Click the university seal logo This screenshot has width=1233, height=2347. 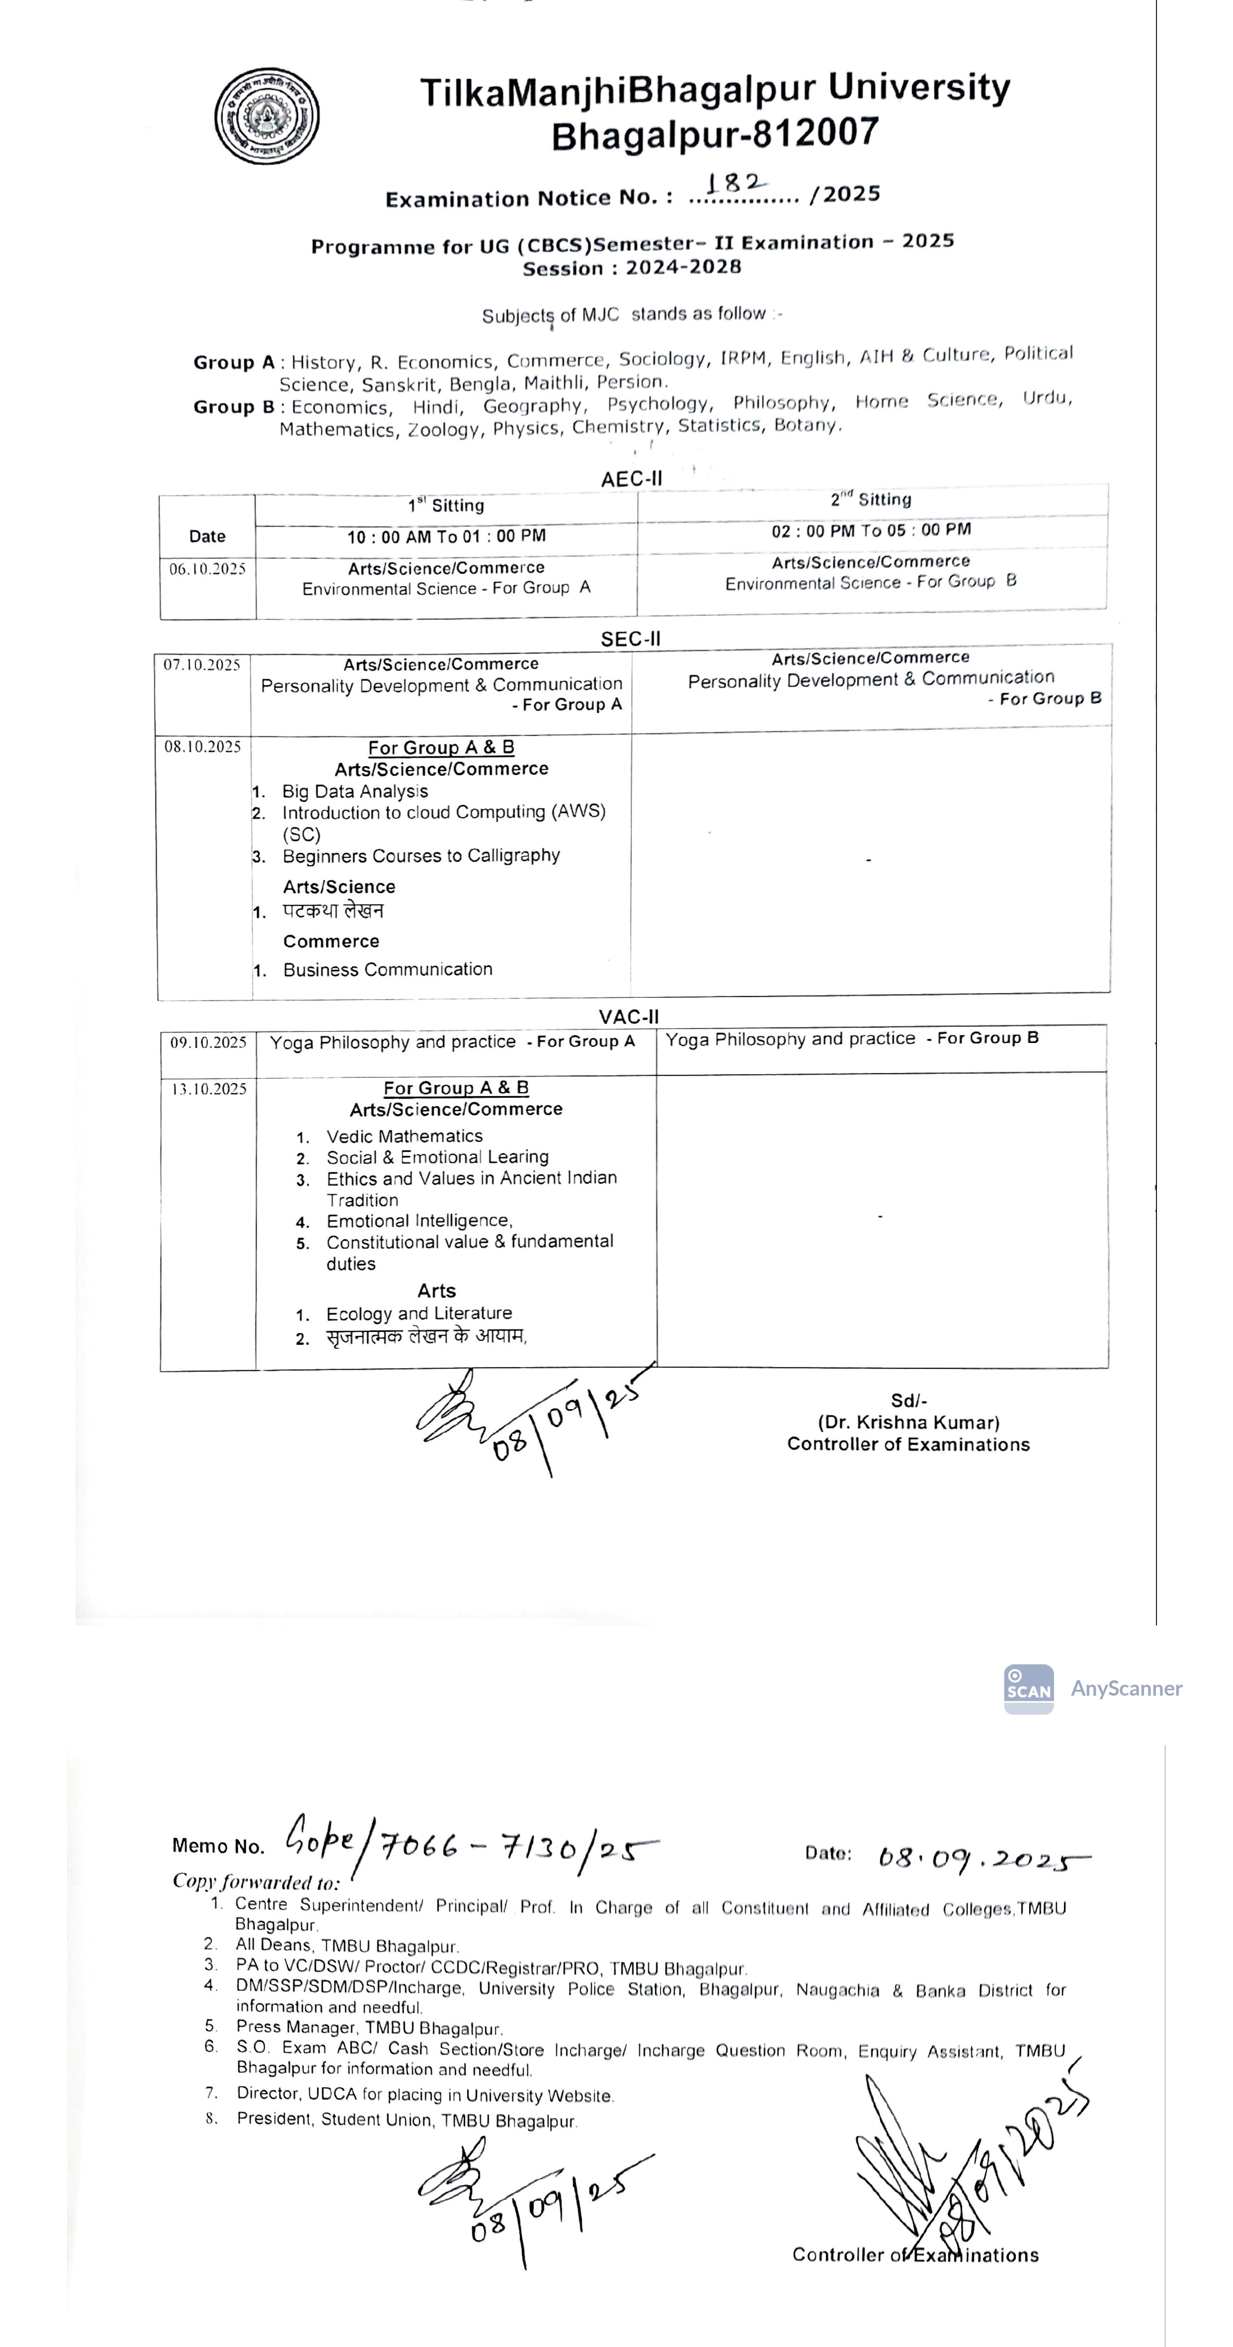(267, 116)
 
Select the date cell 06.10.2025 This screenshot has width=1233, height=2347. (208, 569)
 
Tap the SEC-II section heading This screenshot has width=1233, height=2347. (630, 639)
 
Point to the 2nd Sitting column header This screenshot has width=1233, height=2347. (871, 499)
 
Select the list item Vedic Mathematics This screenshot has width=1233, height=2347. (404, 1136)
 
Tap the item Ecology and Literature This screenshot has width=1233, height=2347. (419, 1314)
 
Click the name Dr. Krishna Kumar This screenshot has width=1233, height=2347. (908, 1422)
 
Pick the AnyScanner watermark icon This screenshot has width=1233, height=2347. (1028, 1688)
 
